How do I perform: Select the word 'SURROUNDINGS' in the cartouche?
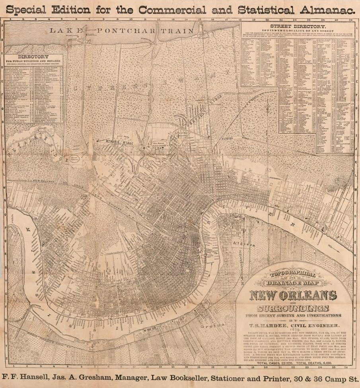coord(293,308)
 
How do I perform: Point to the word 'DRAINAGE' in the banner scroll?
coord(292,283)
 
